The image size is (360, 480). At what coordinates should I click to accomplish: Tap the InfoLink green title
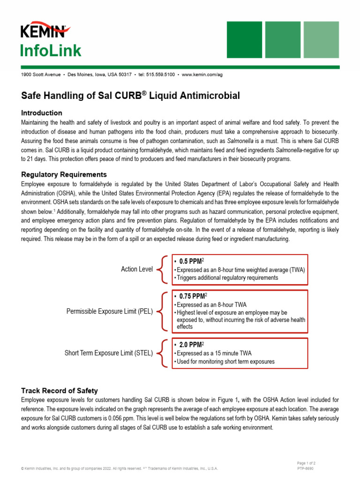click(51, 51)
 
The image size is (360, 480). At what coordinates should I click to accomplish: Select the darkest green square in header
click(244, 39)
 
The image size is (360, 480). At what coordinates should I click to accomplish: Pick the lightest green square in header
click(321, 39)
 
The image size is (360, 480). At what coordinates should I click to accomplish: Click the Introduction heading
click(42, 113)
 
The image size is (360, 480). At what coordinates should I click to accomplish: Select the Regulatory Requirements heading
click(64, 175)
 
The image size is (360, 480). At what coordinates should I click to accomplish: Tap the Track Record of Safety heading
click(60, 390)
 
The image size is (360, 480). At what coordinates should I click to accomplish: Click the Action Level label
click(137, 269)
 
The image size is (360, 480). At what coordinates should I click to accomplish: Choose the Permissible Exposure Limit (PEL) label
click(110, 311)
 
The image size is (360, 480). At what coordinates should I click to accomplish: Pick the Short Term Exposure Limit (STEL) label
click(109, 353)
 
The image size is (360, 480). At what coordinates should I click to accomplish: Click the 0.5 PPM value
click(191, 261)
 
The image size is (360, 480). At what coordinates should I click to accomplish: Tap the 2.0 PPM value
click(191, 345)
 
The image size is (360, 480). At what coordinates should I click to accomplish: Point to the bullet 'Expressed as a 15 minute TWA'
click(214, 353)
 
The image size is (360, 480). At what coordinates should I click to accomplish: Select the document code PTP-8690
click(305, 468)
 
